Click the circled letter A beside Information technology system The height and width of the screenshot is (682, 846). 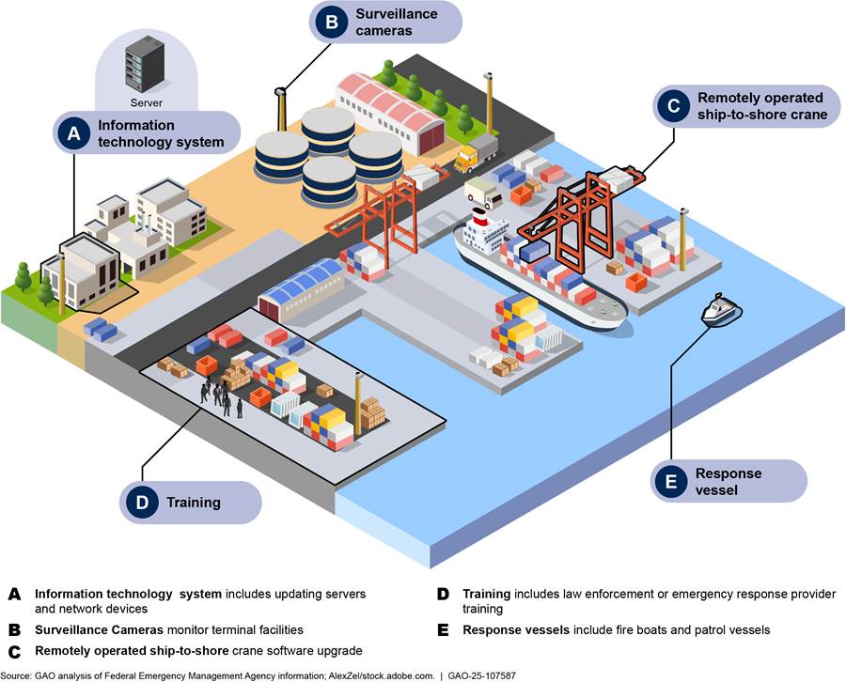pos(73,133)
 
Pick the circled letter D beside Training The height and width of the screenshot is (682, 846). pos(142,502)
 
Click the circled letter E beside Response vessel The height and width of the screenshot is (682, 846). pos(670,482)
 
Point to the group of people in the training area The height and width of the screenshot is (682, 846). pos(221,397)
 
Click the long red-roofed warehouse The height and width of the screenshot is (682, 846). pos(389,108)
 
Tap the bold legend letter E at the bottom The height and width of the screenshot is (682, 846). pos(442,629)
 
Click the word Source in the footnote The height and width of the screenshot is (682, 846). pos(16,675)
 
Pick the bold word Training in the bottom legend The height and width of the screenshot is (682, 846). pos(486,594)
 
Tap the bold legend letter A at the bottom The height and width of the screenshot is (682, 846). pos(14,594)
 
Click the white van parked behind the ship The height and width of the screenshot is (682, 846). pos(483,194)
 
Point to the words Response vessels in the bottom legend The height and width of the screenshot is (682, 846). pos(513,629)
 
